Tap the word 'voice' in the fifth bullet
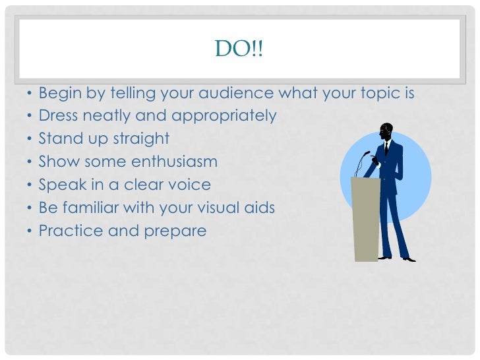tap(188, 185)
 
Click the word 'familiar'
tap(95, 208)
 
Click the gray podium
tap(367, 218)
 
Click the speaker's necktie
tap(386, 148)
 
